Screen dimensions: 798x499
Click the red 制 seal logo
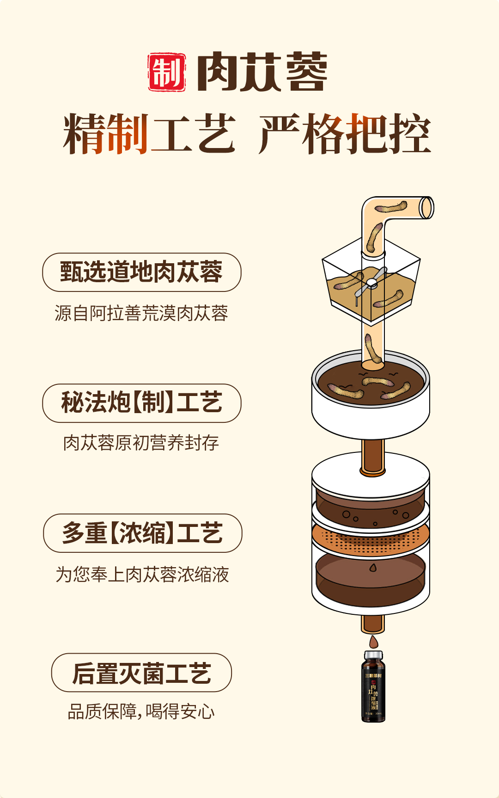(x=167, y=72)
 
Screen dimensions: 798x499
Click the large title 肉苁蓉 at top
(x=262, y=72)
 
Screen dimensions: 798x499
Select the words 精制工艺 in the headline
(x=149, y=134)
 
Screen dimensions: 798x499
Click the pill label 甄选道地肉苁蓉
(x=142, y=272)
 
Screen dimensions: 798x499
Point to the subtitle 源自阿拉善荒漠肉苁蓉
(x=141, y=313)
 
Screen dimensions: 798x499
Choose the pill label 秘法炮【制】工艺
(x=142, y=403)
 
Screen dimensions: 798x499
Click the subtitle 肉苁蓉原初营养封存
(x=141, y=443)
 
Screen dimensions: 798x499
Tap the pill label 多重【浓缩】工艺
(x=142, y=533)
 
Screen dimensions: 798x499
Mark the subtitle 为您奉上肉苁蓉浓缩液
(x=142, y=575)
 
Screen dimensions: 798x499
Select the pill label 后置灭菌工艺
(x=141, y=673)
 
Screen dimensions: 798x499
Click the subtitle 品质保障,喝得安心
(x=141, y=711)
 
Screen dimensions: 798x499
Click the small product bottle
(x=373, y=689)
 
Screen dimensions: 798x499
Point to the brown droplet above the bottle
(x=373, y=642)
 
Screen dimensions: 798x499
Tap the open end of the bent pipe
(x=426, y=208)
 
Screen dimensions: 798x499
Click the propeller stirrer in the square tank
(x=371, y=283)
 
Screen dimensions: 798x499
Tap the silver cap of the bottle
(x=373, y=656)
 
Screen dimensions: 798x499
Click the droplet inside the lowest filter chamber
(x=373, y=568)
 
